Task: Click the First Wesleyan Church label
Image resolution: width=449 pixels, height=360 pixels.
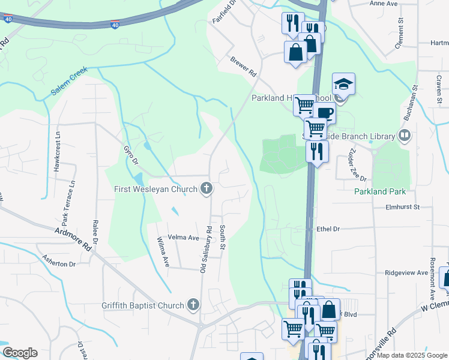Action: [x=156, y=190]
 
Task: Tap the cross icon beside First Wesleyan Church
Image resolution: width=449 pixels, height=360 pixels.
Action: [x=206, y=189]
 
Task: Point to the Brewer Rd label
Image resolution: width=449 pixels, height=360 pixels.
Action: [x=244, y=67]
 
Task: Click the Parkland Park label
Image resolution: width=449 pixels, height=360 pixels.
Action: [x=388, y=192]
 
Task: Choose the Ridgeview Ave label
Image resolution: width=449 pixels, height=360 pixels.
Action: [x=406, y=272]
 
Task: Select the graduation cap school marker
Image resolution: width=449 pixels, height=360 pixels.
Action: [x=344, y=85]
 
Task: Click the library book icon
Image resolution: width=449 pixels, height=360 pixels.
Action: [x=405, y=136]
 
